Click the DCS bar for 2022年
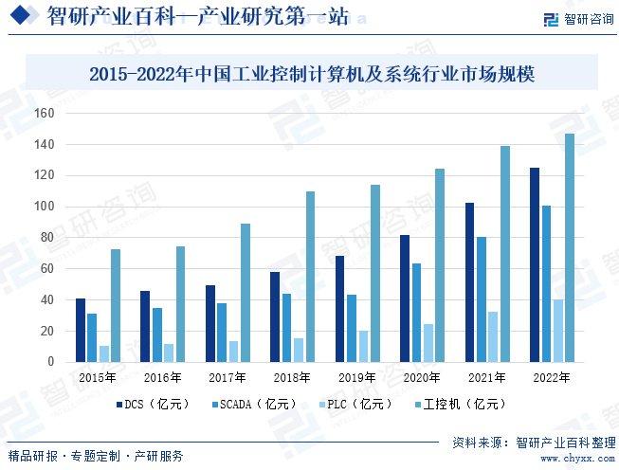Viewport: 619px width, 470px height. click(535, 264)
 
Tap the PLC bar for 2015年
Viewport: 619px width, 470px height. click(103, 353)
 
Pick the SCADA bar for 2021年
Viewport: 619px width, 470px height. click(482, 299)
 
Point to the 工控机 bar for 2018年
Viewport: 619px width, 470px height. click(310, 277)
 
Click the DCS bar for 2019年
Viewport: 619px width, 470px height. click(339, 309)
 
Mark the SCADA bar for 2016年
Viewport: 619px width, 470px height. click(156, 334)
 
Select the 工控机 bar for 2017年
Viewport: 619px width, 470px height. click(245, 293)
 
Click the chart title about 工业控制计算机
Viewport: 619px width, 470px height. click(311, 73)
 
